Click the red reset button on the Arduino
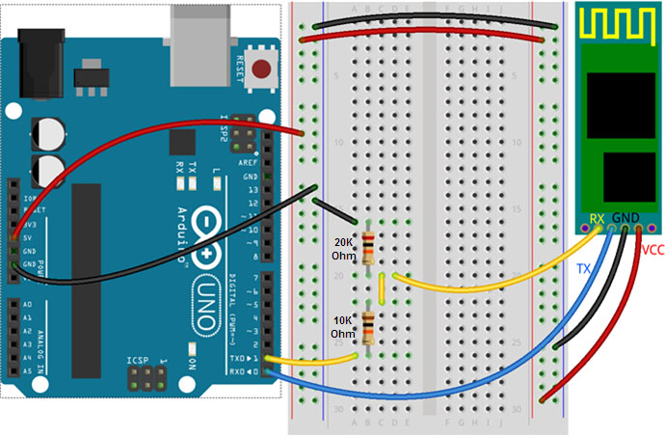point(260,68)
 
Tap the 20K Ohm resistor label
point(344,249)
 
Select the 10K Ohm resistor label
point(344,326)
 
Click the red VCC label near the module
point(652,249)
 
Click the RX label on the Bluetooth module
point(598,219)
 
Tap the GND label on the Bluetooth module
point(625,219)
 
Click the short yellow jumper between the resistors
point(383,287)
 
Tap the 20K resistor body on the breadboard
point(366,248)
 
